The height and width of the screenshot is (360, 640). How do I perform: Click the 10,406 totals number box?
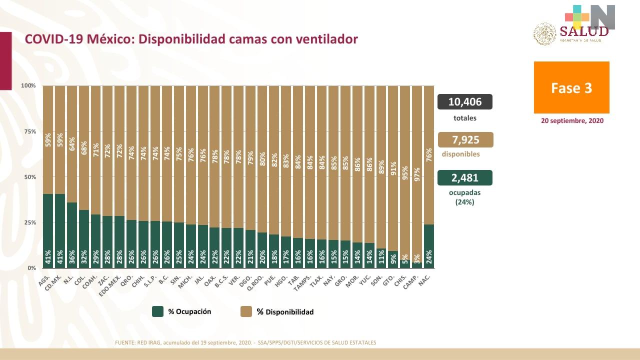pyautogui.click(x=464, y=102)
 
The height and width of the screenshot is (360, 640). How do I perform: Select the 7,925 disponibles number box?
pyautogui.click(x=464, y=140)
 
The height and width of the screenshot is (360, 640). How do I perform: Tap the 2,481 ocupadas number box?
pyautogui.click(x=464, y=178)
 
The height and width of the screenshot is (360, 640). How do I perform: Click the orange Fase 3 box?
pyautogui.click(x=571, y=87)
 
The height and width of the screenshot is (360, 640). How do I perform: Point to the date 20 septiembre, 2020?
pyautogui.click(x=572, y=121)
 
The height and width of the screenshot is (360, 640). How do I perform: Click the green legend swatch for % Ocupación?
pyautogui.click(x=157, y=311)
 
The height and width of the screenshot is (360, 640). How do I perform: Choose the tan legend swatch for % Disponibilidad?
pyautogui.click(x=246, y=311)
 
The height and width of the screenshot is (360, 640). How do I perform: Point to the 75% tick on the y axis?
pyautogui.click(x=28, y=131)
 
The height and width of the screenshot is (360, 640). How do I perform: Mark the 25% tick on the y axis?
pyautogui.click(x=28, y=222)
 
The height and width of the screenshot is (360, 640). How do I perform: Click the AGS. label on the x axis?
pyautogui.click(x=44, y=280)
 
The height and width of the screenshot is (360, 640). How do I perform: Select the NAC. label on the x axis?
pyautogui.click(x=425, y=280)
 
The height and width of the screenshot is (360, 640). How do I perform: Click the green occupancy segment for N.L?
pyautogui.click(x=72, y=235)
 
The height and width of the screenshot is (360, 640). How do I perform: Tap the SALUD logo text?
pyautogui.click(x=584, y=31)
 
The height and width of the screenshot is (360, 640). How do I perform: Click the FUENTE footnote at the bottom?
pyautogui.click(x=245, y=342)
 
